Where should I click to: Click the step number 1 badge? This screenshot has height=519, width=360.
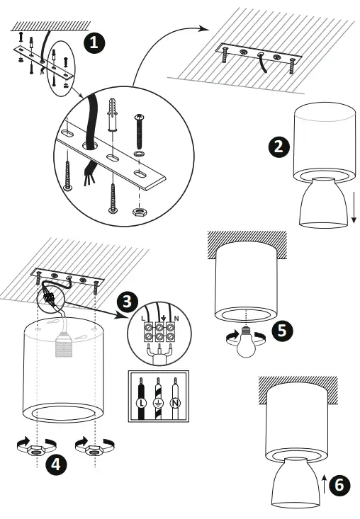click(x=94, y=43)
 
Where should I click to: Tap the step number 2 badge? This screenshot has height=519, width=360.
click(x=279, y=147)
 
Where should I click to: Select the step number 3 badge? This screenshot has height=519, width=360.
click(x=128, y=302)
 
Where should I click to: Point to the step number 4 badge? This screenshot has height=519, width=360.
click(x=56, y=464)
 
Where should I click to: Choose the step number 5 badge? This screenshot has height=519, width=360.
click(x=282, y=331)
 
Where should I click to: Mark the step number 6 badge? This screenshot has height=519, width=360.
click(x=339, y=485)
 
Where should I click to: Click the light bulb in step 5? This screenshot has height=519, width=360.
click(x=246, y=343)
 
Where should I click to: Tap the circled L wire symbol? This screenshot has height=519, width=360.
click(x=142, y=403)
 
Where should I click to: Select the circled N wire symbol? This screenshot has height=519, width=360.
click(x=175, y=403)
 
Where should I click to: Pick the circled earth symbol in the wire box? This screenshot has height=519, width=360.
click(x=158, y=403)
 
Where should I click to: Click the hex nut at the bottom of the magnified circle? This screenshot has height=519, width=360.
click(x=137, y=211)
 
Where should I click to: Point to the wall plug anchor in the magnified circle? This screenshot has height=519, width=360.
click(x=113, y=115)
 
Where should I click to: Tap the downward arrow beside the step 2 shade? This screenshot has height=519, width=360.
click(x=354, y=207)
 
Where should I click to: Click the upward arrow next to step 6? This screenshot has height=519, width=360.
click(x=325, y=484)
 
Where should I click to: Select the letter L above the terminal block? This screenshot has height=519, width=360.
click(x=142, y=319)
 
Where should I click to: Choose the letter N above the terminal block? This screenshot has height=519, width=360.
click(x=176, y=319)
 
